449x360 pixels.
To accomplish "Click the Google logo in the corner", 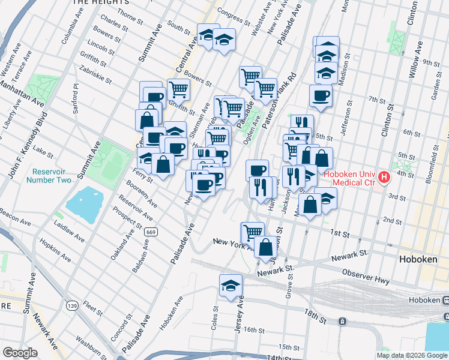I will tap(19, 353).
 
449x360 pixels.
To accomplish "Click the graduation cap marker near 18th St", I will tap(231, 286).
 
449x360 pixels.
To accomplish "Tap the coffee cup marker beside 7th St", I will tap(321, 95).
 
